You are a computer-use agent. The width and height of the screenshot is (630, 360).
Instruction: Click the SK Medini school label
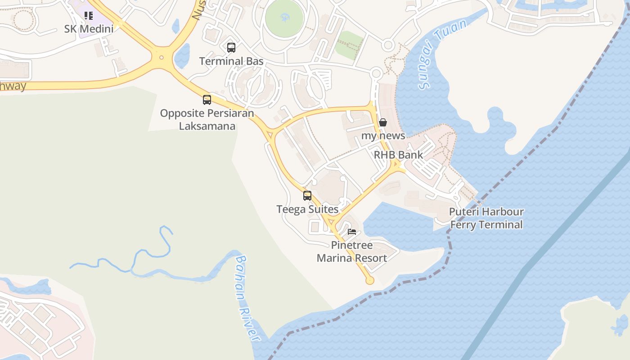89,29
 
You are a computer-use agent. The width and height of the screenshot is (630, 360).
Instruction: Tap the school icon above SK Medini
89,16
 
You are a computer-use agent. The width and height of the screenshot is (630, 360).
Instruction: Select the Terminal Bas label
231,61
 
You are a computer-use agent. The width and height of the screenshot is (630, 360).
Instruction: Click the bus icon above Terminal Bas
231,48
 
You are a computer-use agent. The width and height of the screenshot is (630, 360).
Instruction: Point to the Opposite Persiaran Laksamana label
207,119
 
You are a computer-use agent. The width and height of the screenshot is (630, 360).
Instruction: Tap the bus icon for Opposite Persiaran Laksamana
207,100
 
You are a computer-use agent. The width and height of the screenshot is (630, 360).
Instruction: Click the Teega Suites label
307,209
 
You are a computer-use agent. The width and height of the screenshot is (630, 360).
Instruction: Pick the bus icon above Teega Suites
307,196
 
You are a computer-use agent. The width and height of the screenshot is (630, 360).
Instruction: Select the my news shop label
383,135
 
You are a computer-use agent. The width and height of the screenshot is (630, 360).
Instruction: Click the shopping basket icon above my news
383,122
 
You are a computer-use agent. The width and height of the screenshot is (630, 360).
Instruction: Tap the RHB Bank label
398,155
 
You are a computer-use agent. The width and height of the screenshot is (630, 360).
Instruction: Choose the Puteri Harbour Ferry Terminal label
486,218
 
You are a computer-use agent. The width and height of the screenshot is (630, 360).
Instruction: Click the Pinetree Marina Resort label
352,252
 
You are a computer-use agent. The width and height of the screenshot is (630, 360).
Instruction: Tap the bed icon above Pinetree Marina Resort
352,232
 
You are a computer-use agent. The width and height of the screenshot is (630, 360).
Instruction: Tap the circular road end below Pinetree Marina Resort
370,280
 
